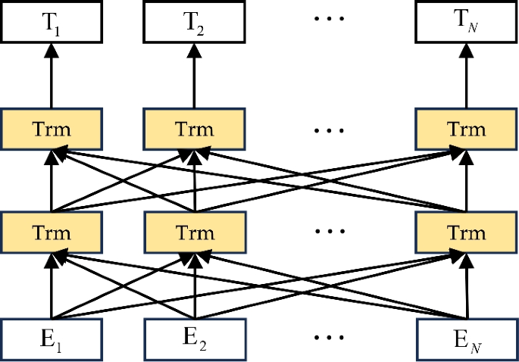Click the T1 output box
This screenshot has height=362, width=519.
[52, 20]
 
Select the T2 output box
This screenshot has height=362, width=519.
[195, 20]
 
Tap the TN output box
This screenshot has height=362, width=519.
[465, 20]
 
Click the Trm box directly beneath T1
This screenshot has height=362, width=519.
[52, 128]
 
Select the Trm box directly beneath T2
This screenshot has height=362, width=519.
[195, 128]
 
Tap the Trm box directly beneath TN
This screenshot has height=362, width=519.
[465, 128]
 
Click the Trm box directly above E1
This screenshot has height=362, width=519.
[52, 232]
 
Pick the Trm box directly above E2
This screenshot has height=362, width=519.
[195, 232]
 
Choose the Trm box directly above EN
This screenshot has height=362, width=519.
[465, 232]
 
